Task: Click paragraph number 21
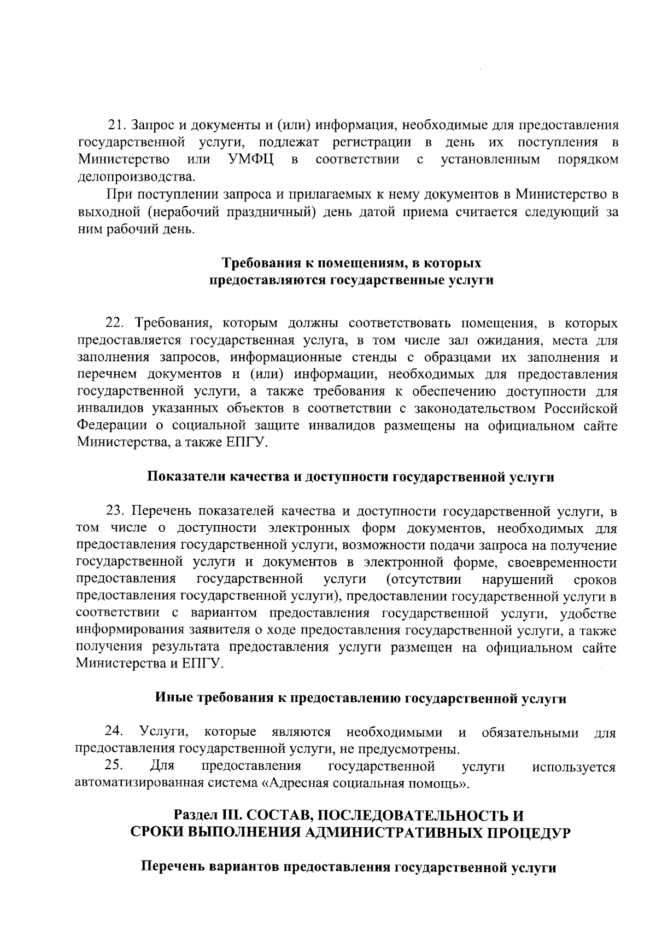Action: click(x=117, y=125)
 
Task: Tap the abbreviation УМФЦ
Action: click(x=250, y=160)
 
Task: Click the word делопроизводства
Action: click(x=136, y=177)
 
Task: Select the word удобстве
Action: click(x=589, y=613)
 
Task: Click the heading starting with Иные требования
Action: click(x=361, y=699)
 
